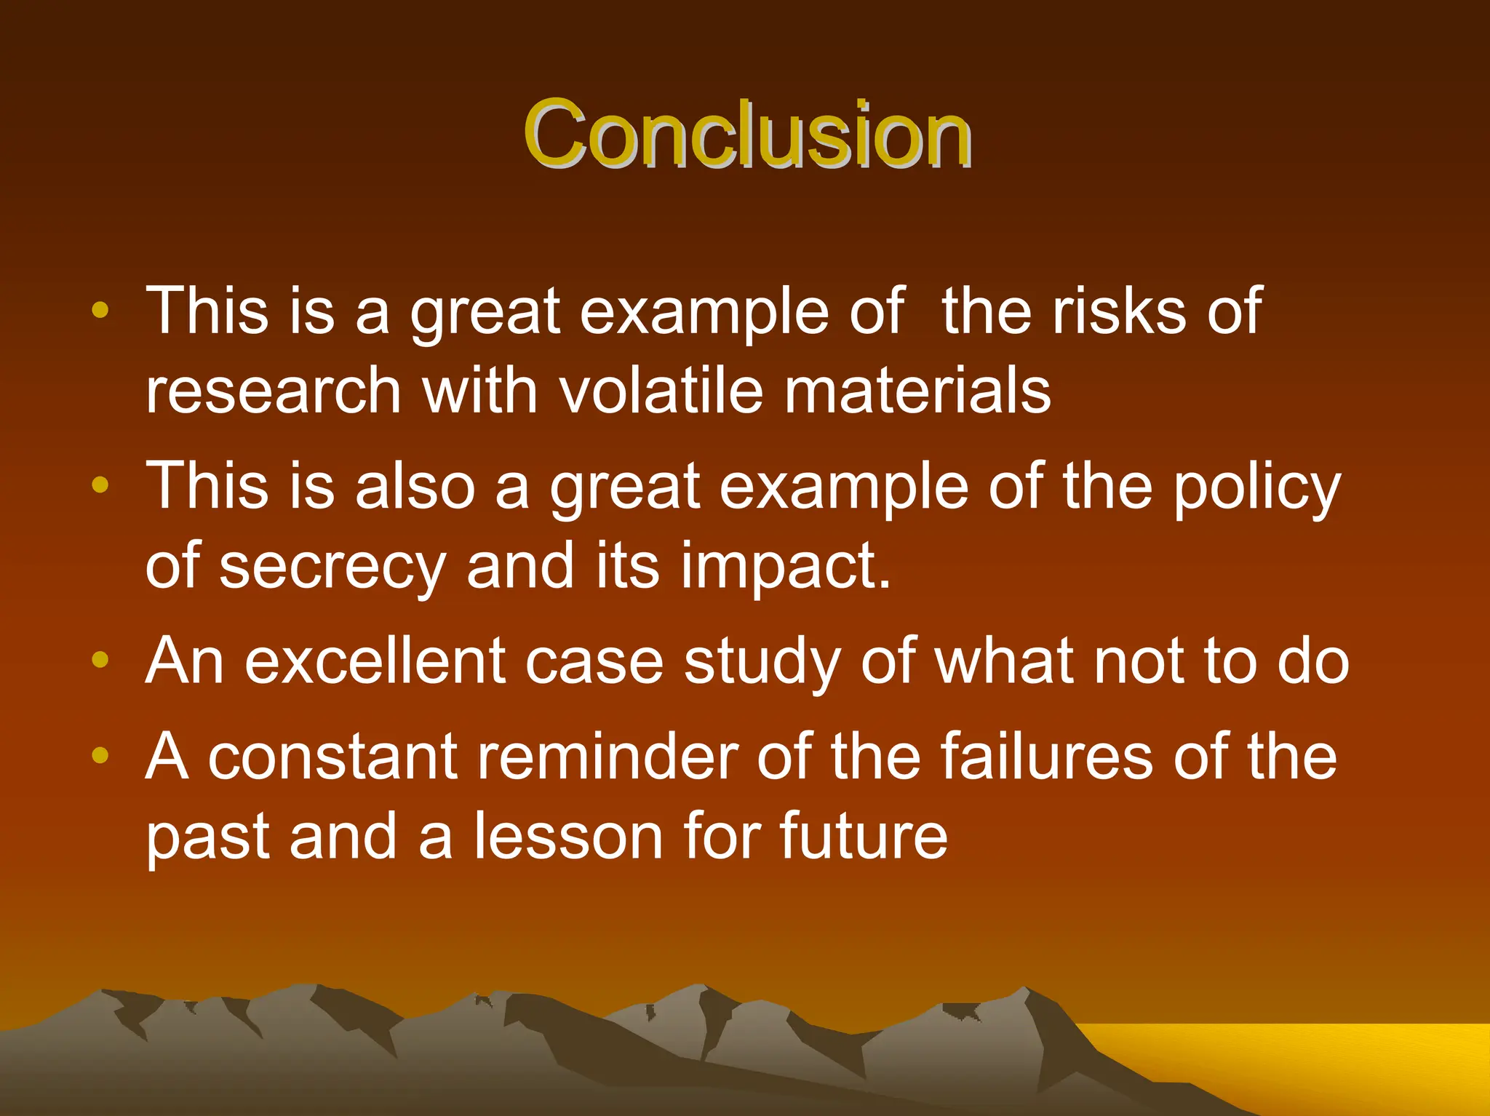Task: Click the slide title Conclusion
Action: pos(747,135)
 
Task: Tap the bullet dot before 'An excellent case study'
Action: pos(100,660)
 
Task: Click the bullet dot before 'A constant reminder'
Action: pos(100,755)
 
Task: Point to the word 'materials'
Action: pos(917,391)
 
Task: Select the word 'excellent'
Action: pos(375,661)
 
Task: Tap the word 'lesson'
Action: pos(569,837)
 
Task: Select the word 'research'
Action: pos(274,391)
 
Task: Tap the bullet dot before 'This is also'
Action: pos(100,485)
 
